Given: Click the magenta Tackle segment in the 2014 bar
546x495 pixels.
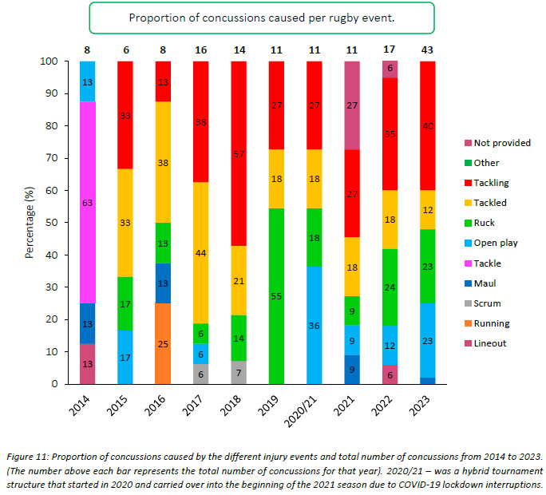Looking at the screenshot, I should pos(88,202).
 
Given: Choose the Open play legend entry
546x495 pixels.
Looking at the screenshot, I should pos(478,243).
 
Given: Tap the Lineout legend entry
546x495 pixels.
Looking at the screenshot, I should pos(478,343).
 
